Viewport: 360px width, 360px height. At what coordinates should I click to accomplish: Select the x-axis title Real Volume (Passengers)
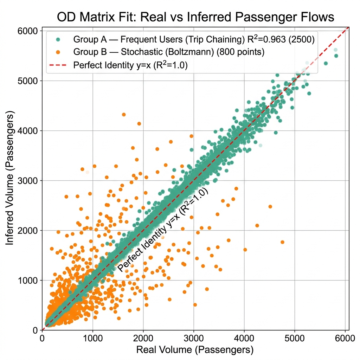(x=195, y=350)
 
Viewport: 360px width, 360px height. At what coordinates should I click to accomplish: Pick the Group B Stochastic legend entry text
(x=169, y=52)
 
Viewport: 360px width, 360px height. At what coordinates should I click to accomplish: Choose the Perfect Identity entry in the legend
(x=130, y=65)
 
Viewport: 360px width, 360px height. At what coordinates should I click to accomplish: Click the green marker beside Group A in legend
(x=58, y=40)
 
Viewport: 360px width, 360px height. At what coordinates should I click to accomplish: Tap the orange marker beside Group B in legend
(x=58, y=52)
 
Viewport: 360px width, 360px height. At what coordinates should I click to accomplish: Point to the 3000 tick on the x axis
(x=194, y=337)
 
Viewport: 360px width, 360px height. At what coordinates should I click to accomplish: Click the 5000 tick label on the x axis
(x=295, y=337)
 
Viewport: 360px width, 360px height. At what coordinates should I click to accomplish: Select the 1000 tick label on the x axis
(x=93, y=337)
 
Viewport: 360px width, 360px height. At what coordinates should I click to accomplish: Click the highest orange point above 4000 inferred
(x=123, y=115)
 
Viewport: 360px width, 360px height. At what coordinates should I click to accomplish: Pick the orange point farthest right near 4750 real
(x=282, y=242)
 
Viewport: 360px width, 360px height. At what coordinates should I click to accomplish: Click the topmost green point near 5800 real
(x=335, y=50)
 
